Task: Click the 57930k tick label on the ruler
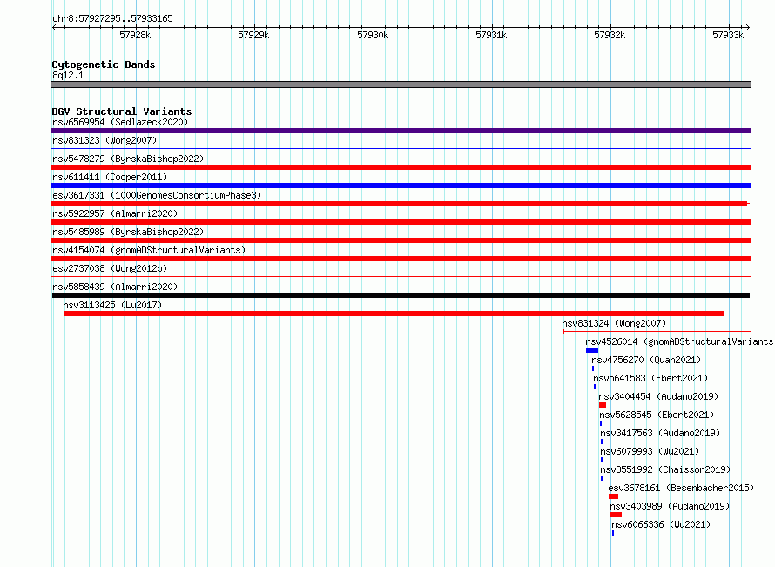373,35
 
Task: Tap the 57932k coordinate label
610,35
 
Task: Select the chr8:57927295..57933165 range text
112,19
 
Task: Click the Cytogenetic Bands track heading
104,64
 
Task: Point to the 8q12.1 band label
68,75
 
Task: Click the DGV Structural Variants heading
122,111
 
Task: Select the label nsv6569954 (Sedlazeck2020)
120,122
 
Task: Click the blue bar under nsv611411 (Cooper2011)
401,186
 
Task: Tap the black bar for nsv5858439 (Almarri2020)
401,295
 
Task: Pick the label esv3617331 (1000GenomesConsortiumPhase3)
157,195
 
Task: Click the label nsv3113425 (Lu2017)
112,305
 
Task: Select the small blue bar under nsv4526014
592,350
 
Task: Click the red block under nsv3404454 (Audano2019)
603,405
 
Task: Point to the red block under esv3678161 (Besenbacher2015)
613,496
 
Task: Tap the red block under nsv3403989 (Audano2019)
616,515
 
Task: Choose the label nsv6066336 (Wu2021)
661,524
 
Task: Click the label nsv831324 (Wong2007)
614,323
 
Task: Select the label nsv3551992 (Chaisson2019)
665,469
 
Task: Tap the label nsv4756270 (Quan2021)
646,360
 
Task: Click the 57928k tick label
135,35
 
